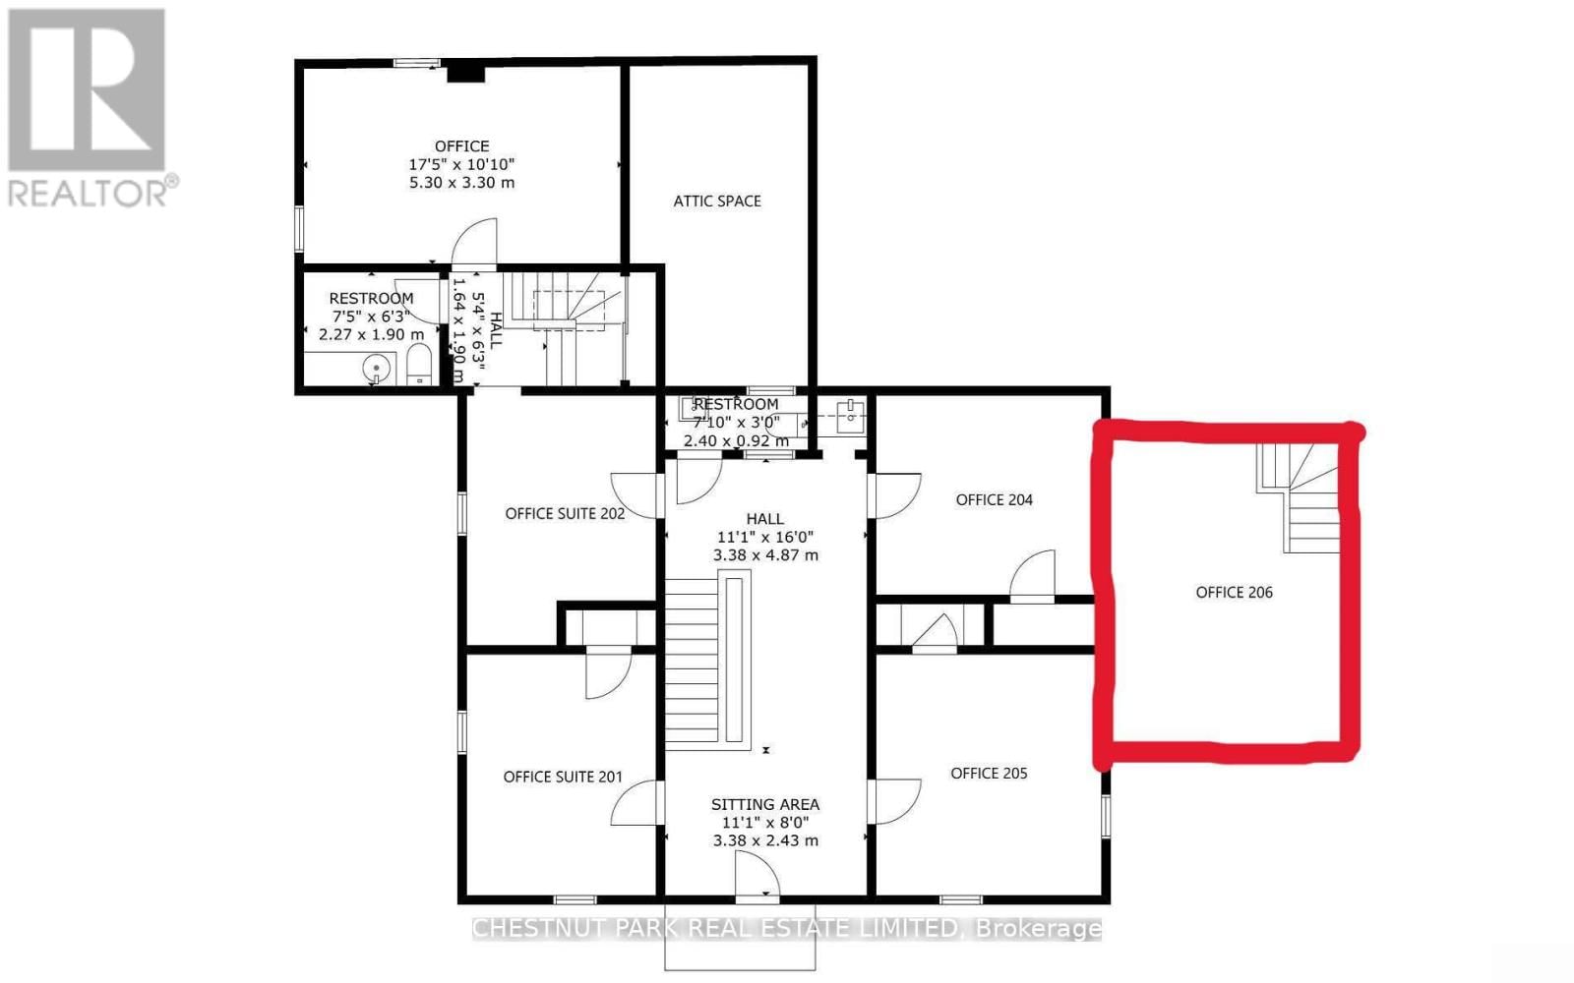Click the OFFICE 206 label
(x=1234, y=592)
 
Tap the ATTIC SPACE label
(x=717, y=201)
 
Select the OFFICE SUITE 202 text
(x=565, y=513)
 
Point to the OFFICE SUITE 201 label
(x=563, y=777)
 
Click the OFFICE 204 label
(x=994, y=499)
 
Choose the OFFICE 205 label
(x=989, y=774)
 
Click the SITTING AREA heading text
(x=764, y=804)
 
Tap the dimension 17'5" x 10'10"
(x=461, y=164)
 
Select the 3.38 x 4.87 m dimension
(x=764, y=555)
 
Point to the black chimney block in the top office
(x=465, y=72)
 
